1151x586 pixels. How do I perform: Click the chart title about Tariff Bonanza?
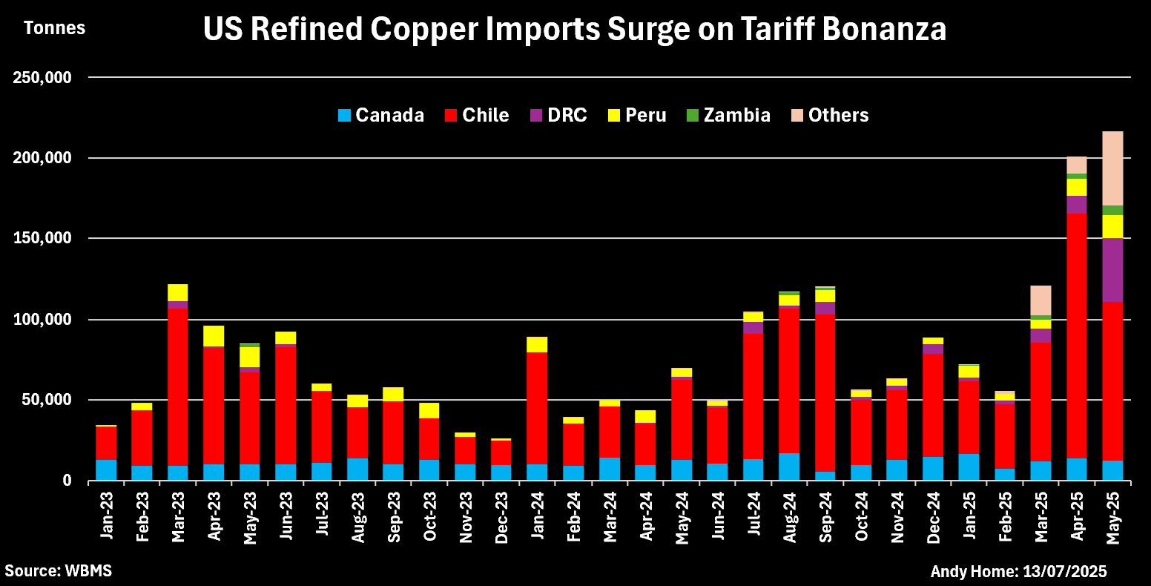[x=575, y=30]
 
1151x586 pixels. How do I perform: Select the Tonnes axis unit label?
[x=54, y=29]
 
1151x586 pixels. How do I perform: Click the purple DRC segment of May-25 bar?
[x=1112, y=270]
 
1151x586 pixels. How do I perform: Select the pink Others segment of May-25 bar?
[x=1112, y=168]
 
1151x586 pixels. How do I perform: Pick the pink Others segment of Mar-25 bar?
[x=1040, y=300]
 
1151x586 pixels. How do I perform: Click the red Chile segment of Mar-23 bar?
[x=177, y=386]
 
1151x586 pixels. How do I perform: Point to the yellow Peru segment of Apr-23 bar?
[x=214, y=336]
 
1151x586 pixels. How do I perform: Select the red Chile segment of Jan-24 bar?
[x=537, y=408]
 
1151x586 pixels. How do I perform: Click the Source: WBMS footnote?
[x=58, y=571]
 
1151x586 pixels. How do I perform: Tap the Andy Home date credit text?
[x=1018, y=571]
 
